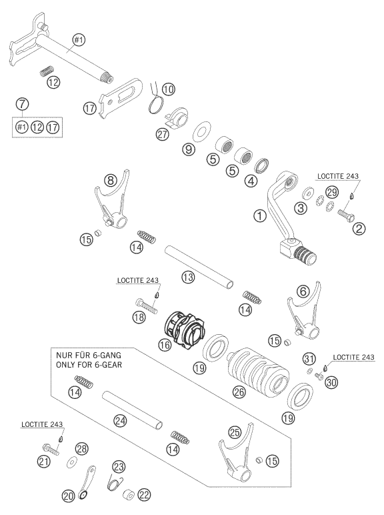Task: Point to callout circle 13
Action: [189, 257]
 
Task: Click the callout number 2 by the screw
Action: [360, 229]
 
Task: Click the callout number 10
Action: [167, 88]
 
